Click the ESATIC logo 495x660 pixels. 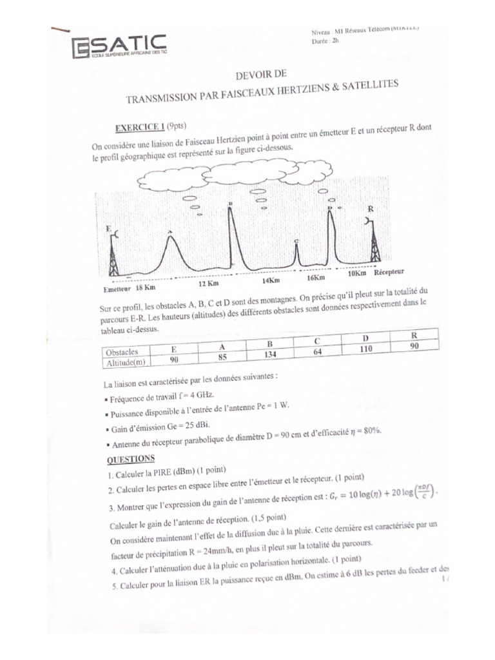coord(119,48)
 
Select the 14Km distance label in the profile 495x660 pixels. coord(271,280)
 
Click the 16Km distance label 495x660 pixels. coord(315,277)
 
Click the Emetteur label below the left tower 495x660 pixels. coord(117,289)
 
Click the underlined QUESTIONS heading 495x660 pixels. coord(130,458)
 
